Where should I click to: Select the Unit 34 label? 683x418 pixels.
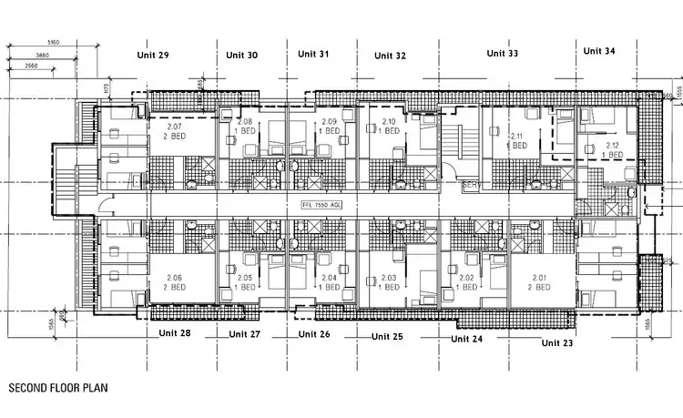click(596, 52)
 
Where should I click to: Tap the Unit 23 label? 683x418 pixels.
click(556, 342)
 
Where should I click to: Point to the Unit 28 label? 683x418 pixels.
click(172, 333)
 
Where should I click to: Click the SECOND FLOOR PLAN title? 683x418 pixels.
click(58, 388)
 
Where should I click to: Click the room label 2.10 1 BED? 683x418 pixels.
click(389, 127)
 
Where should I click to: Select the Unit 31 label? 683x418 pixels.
click(313, 54)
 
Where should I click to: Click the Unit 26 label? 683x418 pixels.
click(314, 334)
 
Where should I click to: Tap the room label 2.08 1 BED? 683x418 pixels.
click(245, 127)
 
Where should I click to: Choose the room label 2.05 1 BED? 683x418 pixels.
click(245, 282)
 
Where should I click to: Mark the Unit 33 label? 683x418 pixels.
click(502, 54)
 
